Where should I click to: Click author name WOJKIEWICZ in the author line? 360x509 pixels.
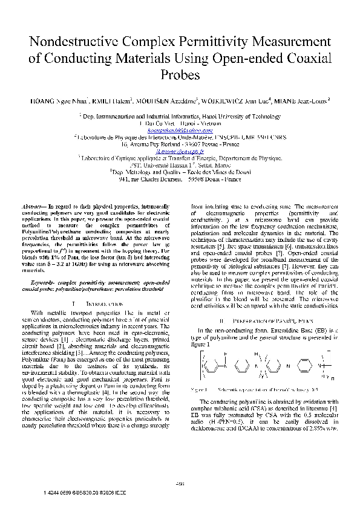point(238,102)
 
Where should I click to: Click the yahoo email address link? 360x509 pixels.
point(180,130)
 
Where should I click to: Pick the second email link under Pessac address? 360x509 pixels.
point(180,151)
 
